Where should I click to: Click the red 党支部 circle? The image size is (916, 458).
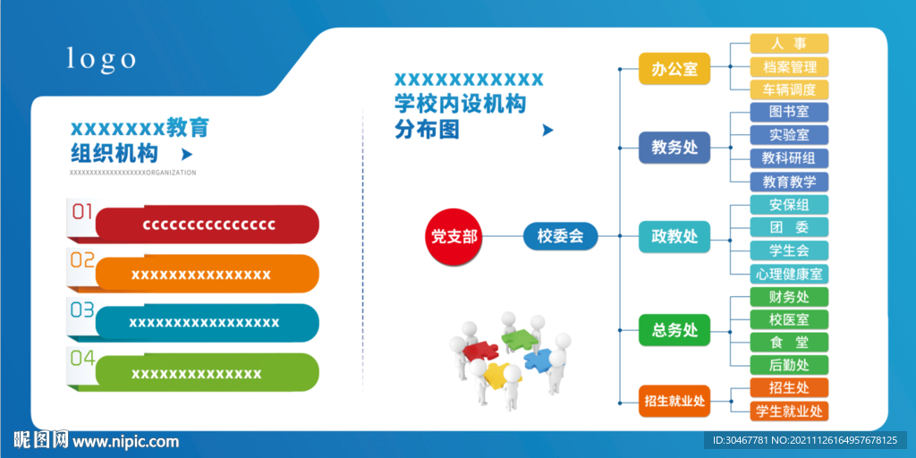click(454, 236)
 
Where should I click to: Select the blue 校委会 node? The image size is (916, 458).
click(561, 236)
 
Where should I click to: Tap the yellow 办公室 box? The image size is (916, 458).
click(674, 69)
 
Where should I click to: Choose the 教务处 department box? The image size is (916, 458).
click(674, 148)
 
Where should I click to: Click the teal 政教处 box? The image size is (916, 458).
click(674, 236)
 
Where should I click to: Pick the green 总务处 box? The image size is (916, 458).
click(674, 330)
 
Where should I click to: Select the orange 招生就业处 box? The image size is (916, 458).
click(674, 402)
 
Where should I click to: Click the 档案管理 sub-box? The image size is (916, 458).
click(789, 66)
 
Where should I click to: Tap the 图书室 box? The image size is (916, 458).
click(789, 112)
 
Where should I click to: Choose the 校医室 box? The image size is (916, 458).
click(789, 319)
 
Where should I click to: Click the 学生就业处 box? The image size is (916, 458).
click(789, 411)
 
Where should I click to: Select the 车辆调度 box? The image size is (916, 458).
click(789, 89)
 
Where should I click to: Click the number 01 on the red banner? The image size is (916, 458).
click(82, 211)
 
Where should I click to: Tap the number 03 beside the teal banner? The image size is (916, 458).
click(82, 310)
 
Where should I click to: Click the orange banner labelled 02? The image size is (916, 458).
click(208, 274)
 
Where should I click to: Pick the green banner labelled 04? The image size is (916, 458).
click(208, 372)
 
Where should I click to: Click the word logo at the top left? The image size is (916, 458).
click(101, 59)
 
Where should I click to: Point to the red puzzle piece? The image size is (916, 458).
click(480, 351)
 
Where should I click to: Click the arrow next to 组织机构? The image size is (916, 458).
click(187, 154)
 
